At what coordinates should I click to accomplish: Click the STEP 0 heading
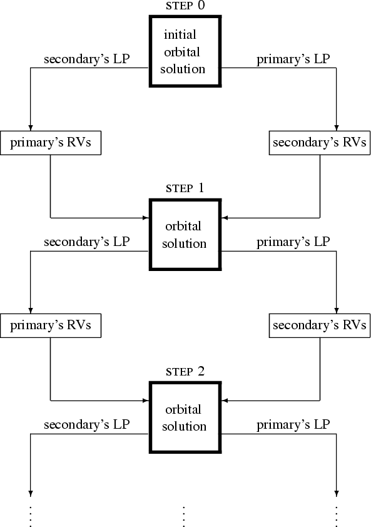185,6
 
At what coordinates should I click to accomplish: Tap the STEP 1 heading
185,188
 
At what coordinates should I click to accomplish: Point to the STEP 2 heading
185,371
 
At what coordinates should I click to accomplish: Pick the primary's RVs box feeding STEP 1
51,143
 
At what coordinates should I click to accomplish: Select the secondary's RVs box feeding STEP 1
320,143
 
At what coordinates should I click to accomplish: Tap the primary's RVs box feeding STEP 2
51,325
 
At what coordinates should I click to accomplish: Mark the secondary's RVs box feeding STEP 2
320,325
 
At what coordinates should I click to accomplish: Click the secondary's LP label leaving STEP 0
87,59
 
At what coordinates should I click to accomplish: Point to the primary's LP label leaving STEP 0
293,59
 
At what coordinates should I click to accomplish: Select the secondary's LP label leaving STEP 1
87,242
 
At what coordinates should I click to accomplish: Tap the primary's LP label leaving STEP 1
293,242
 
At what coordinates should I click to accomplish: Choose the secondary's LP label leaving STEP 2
87,424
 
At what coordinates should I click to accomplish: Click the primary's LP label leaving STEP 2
293,425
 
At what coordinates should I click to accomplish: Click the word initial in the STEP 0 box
180,34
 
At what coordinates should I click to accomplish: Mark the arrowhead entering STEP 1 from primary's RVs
146,218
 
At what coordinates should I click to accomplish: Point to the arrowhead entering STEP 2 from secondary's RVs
225,401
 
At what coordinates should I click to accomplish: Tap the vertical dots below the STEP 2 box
183,516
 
